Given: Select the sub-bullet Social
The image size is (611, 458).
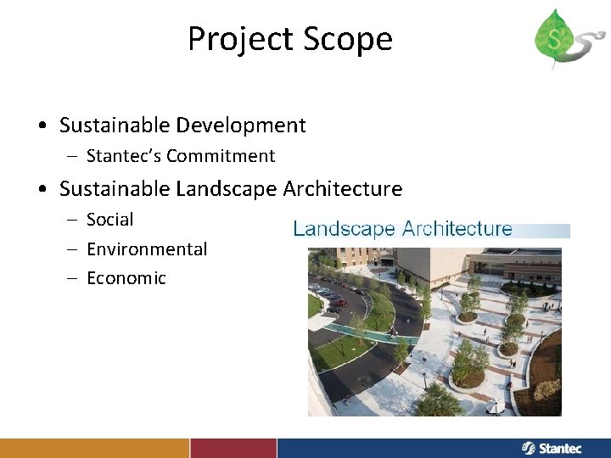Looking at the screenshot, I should (110, 220).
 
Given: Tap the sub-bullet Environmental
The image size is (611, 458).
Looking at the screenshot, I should (147, 249).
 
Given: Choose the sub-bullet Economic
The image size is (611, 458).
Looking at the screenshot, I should (126, 278).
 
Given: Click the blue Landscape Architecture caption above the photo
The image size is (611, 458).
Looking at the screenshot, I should (402, 229).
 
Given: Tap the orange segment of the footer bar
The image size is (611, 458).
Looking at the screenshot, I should (94, 448).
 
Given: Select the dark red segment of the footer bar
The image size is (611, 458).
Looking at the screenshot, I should (233, 448).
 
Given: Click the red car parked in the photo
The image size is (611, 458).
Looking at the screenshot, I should (339, 301).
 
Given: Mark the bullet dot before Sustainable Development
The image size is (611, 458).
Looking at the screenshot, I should (42, 126).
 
